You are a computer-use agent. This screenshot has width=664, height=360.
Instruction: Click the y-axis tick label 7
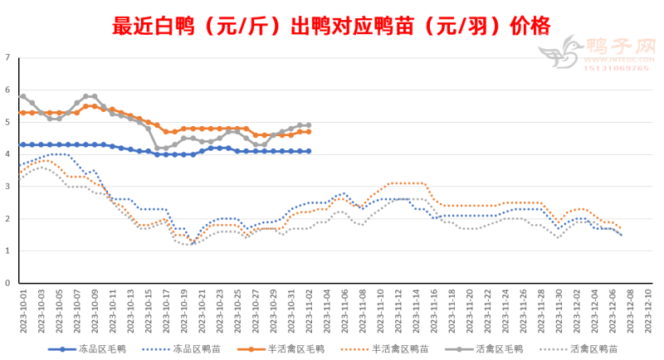click(7, 57)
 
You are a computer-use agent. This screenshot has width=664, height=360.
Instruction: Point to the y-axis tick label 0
click(7, 283)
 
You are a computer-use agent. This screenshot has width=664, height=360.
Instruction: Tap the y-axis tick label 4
click(7, 154)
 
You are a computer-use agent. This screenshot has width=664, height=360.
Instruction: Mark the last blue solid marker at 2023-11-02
click(309, 151)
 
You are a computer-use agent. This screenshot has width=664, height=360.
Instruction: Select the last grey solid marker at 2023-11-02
click(309, 125)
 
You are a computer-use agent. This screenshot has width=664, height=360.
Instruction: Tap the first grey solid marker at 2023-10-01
click(22, 96)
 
